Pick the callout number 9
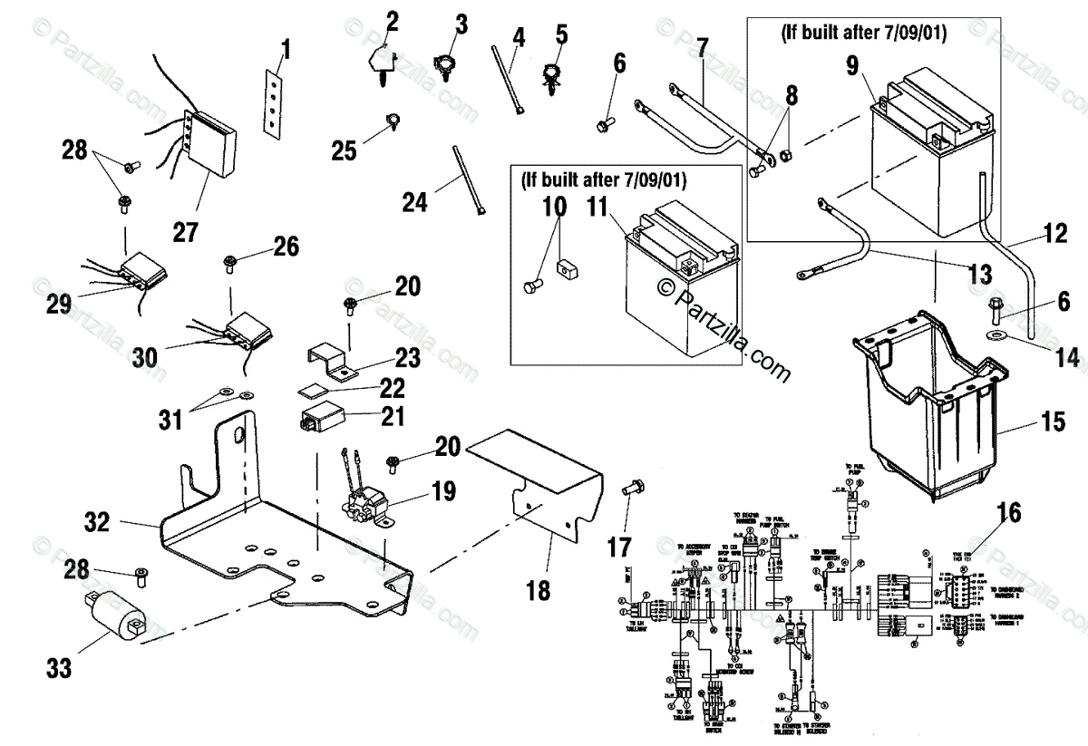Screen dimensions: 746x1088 (851, 66)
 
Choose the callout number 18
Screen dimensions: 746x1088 (537, 591)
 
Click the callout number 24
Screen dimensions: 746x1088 (414, 201)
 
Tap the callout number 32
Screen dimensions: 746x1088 (97, 522)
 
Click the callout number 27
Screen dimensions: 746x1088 (185, 232)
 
